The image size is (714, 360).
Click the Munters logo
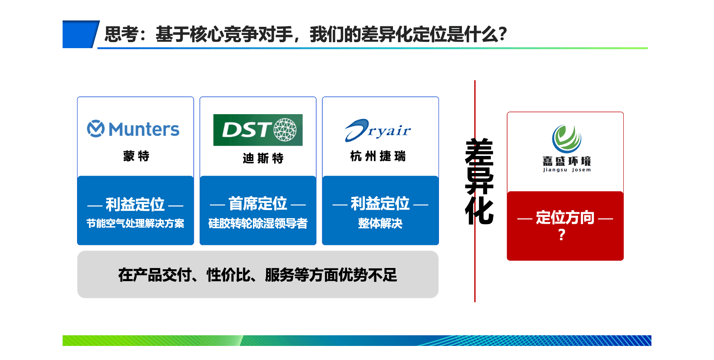pos(133,129)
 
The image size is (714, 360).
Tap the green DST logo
pos(258,130)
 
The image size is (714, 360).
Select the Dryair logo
pos(378,130)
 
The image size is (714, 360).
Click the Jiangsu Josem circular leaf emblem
pos(567,139)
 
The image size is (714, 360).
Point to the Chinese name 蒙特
pos(136,156)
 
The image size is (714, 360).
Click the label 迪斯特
pos(263,158)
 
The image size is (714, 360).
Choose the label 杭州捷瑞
pos(378,156)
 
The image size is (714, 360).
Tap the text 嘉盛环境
pos(567,161)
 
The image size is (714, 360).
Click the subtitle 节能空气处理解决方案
pos(135,223)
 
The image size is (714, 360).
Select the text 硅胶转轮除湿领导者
pos(258,223)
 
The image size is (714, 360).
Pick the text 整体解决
pos(380,223)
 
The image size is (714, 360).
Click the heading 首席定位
pos(258,204)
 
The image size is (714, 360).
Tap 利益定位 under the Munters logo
pos(135,204)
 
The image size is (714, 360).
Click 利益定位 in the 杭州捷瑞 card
pos(380,204)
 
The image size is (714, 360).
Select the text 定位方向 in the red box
pos(565,217)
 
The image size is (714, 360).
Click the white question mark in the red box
pos(562,235)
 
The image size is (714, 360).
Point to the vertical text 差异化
pos(479,181)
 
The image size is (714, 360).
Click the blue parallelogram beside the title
pos(81,35)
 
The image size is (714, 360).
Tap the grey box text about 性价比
pos(258,275)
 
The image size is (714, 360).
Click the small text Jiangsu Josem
pos(567,170)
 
